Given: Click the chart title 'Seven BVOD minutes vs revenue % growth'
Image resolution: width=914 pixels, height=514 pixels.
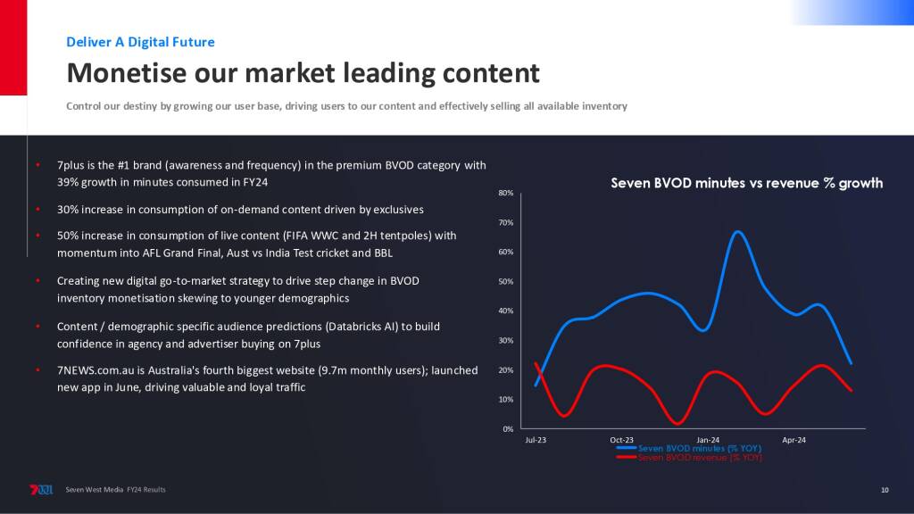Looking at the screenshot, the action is (x=747, y=183).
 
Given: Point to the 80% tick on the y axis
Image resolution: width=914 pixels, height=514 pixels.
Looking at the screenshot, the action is (x=506, y=193).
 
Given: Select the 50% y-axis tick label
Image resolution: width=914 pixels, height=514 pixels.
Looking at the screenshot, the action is (x=506, y=281).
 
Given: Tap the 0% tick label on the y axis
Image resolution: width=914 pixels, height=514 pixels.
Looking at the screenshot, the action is (x=508, y=429).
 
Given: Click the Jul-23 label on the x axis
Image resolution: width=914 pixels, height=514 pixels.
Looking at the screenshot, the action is (x=536, y=440).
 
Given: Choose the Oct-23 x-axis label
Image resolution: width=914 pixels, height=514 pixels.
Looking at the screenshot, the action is (x=621, y=440).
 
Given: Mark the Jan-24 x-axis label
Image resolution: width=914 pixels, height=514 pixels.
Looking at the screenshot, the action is (x=708, y=440).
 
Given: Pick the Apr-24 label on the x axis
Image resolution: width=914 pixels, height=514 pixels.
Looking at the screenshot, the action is (x=794, y=440).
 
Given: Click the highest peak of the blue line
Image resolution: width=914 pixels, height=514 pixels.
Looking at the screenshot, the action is (x=738, y=232).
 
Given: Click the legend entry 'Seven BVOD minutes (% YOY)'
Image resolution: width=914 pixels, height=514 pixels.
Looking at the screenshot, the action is (x=689, y=448).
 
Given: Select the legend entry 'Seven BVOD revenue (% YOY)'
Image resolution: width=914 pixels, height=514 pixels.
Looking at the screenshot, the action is (x=689, y=458).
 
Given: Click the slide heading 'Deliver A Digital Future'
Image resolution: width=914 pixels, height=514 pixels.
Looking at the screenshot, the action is (x=140, y=42).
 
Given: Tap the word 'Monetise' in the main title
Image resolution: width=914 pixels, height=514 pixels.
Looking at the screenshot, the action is (x=126, y=73).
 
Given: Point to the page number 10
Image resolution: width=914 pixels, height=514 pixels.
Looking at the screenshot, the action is (x=885, y=490).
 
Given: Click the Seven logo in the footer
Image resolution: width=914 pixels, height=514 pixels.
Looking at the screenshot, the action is (x=41, y=490).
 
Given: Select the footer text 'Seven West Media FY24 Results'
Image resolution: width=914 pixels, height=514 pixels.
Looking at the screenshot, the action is (x=115, y=490).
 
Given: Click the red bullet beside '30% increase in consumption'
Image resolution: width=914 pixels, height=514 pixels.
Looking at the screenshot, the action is (x=37, y=209).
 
